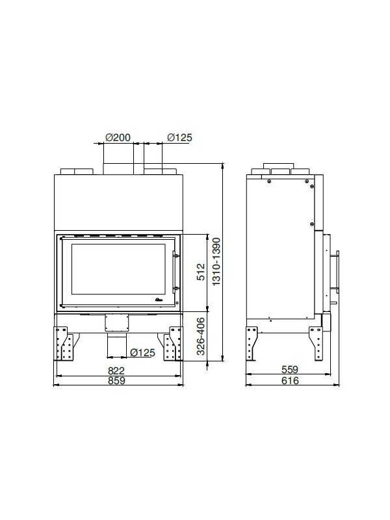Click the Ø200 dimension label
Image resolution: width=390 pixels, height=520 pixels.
118,137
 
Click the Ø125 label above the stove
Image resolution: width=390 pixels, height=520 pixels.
179,137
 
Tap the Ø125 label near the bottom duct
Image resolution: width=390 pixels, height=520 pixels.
142,352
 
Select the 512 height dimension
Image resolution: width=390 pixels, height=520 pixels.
201,272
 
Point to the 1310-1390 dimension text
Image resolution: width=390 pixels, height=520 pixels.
216,262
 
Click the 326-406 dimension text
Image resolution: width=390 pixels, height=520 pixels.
201,336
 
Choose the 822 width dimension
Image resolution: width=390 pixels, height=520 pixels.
116,370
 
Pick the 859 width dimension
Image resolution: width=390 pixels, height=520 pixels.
117,380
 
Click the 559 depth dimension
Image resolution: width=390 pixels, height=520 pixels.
290,369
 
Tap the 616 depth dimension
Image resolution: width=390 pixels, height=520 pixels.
290,380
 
